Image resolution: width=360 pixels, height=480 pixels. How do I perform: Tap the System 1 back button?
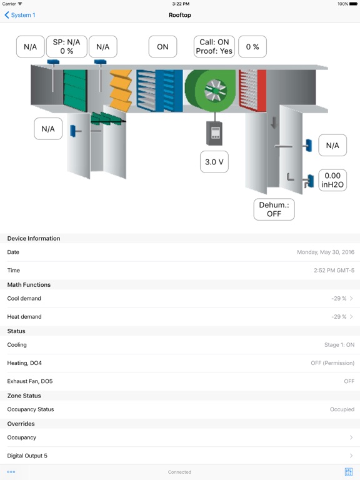coord(20,15)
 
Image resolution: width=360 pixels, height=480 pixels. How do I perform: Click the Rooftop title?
coord(180,15)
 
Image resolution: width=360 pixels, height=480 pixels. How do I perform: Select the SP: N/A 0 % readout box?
coord(66,46)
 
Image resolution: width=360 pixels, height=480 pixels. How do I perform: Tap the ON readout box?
coord(162,46)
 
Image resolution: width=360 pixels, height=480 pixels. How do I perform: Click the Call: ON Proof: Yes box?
coord(214,46)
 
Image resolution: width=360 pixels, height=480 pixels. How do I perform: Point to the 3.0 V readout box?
coord(214,162)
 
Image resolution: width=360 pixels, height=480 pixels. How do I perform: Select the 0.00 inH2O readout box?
coord(332,180)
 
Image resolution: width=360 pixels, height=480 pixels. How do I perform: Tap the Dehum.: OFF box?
coord(274,209)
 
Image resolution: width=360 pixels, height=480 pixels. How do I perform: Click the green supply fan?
coord(211,90)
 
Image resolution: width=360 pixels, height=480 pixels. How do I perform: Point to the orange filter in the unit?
coord(121,90)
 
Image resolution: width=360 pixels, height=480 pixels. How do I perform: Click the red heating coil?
coord(252,90)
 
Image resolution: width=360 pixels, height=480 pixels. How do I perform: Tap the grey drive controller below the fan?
coord(214,133)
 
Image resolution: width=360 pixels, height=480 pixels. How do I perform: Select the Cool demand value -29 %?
coord(339,299)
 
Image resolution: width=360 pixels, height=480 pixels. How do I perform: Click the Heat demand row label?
coord(24,316)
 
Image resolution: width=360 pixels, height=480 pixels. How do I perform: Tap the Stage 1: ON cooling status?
coord(339,345)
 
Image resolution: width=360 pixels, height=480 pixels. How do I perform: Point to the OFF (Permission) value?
coord(332,363)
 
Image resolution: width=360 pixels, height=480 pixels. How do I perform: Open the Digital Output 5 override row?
coord(180,456)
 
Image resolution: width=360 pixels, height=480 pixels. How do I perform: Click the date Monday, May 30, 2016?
coord(326,252)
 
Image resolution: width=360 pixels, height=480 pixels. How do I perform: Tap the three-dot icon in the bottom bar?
coord(11,472)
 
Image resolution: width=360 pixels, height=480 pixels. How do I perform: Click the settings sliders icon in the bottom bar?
coord(348,472)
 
